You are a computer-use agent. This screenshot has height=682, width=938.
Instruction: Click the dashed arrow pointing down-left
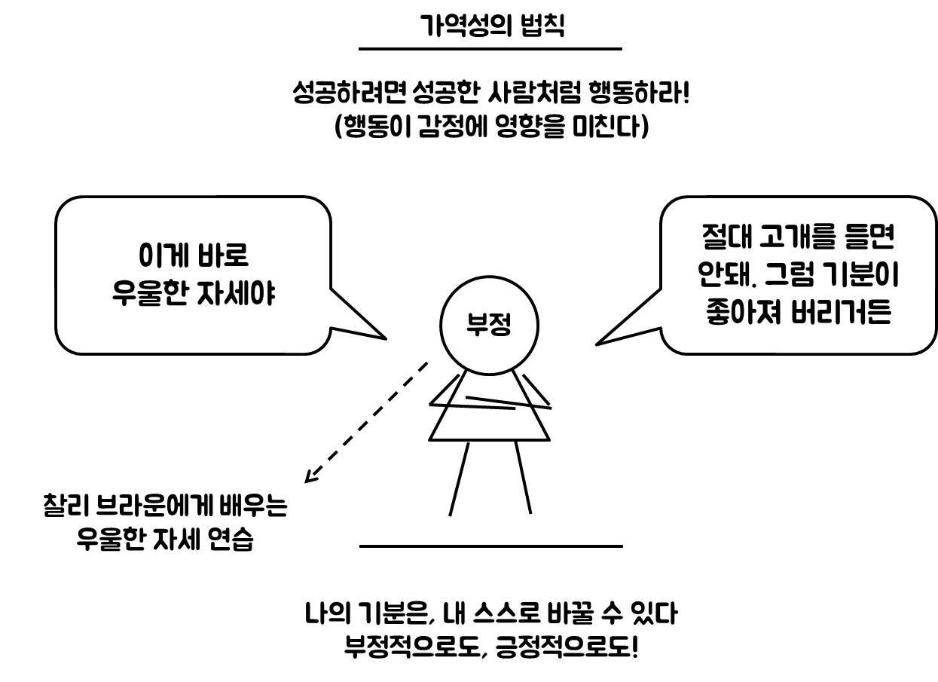tap(365, 423)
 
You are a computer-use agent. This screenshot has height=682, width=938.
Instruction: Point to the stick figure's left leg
tap(459, 479)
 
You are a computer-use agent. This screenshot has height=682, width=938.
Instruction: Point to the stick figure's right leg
tap(523, 478)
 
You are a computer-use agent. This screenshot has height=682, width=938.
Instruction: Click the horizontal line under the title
tap(490, 49)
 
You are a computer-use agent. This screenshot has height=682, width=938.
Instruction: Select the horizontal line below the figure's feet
tap(491, 546)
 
